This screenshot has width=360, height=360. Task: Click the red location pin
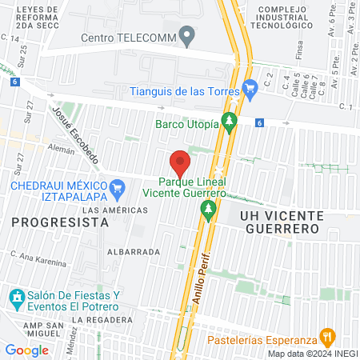tap(181, 162)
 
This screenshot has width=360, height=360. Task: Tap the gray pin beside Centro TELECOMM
tap(188, 36)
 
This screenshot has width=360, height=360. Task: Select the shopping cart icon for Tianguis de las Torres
tap(250, 86)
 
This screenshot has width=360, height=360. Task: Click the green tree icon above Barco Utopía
tap(230, 122)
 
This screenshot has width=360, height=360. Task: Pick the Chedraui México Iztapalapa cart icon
tap(118, 190)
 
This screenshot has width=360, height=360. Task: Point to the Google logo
tap(27, 350)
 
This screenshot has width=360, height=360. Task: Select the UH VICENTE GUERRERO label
tap(280, 222)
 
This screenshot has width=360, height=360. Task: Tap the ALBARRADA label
tap(133, 250)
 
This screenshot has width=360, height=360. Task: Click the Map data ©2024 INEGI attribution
tap(313, 353)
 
